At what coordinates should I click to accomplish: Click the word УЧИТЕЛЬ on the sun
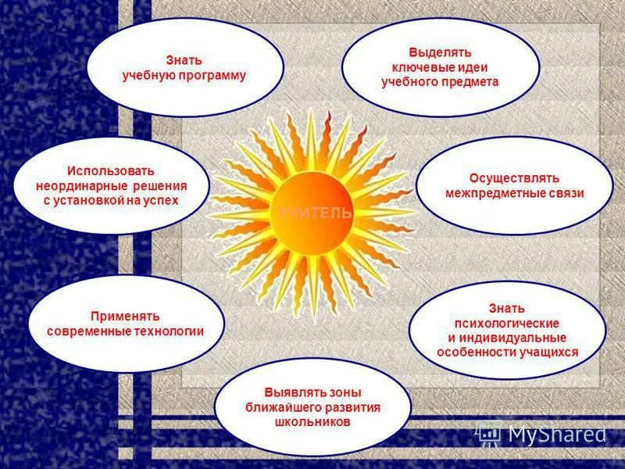(314, 213)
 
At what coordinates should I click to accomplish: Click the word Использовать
(111, 170)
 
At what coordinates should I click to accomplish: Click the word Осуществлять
(515, 178)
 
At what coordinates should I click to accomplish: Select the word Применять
(125, 317)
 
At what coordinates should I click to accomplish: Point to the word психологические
(507, 323)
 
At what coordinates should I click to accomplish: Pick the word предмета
(470, 81)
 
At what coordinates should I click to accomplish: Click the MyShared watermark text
(556, 435)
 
